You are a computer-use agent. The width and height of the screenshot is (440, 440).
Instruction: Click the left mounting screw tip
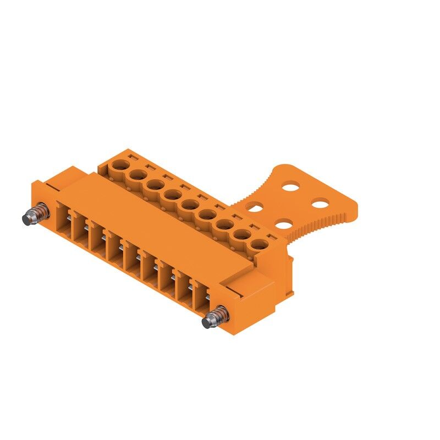pyautogui.click(x=26, y=219)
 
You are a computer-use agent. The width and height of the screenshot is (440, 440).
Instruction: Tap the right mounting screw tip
pyautogui.click(x=207, y=322)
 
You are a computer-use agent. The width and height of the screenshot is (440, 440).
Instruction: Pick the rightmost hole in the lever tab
pyautogui.click(x=320, y=205)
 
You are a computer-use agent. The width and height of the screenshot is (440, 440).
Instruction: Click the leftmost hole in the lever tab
pyautogui.click(x=254, y=207)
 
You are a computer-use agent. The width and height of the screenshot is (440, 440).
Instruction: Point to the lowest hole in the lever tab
pyautogui.click(x=284, y=224)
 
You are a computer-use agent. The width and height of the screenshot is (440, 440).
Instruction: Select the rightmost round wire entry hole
pyautogui.click(x=261, y=243)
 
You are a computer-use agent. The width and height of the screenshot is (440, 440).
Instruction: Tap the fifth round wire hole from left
pyautogui.click(x=190, y=204)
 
